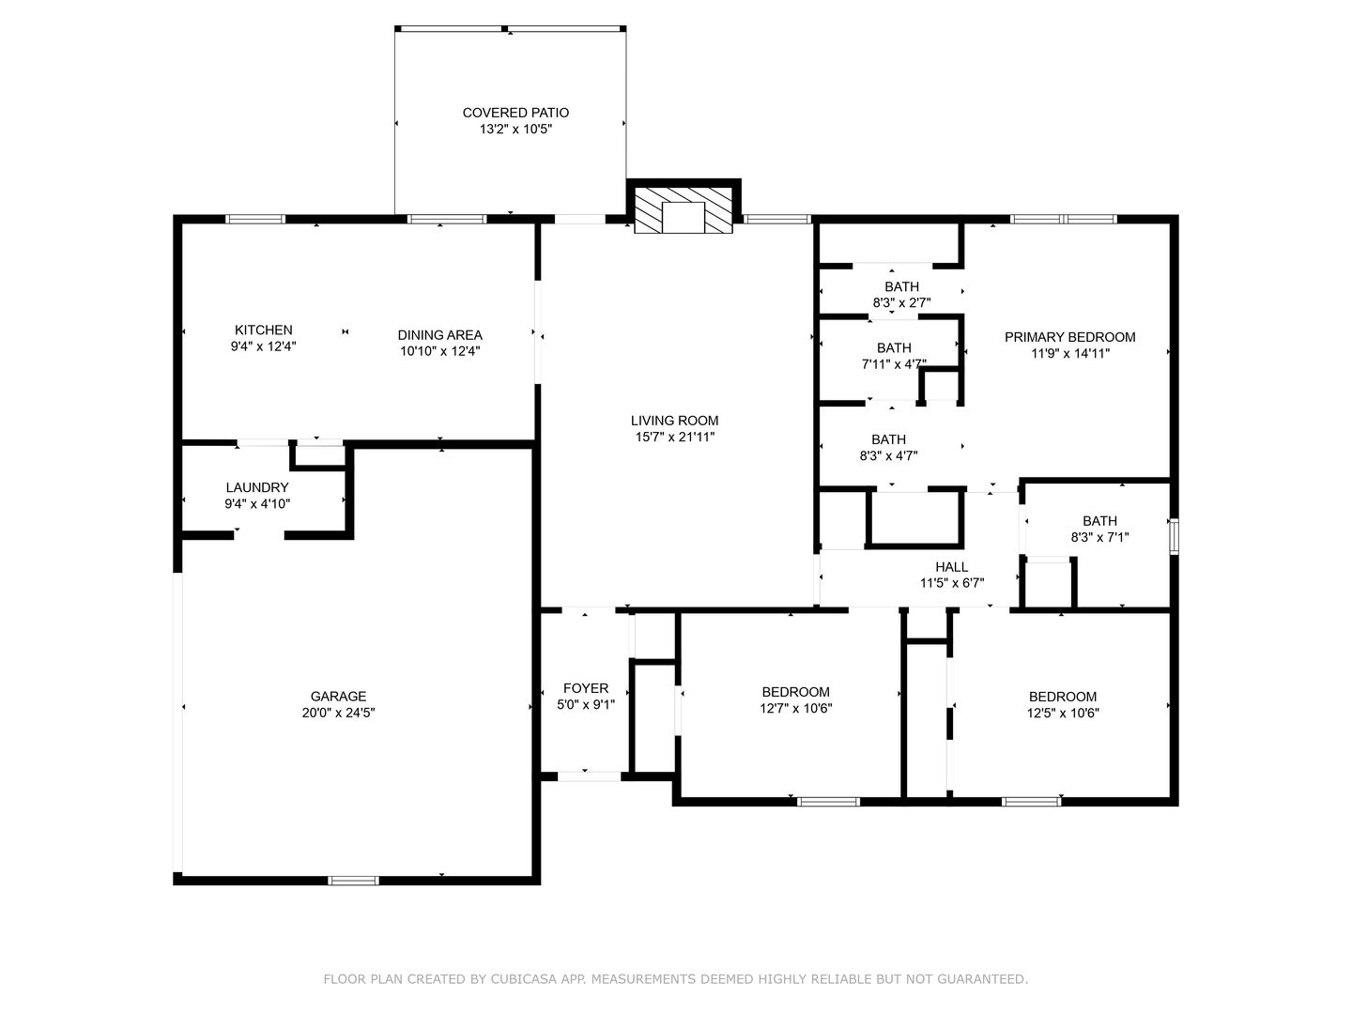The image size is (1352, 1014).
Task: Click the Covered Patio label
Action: [x=515, y=113]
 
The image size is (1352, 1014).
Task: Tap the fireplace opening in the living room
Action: [x=684, y=217]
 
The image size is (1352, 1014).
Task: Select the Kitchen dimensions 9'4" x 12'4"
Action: [x=263, y=346]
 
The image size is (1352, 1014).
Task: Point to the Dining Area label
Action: [x=439, y=335]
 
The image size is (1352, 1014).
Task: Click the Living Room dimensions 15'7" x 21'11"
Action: [x=674, y=438]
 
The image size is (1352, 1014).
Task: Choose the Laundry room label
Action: [x=257, y=487]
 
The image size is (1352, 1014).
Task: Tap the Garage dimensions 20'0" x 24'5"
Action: [x=338, y=713]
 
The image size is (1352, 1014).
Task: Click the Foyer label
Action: [x=586, y=688]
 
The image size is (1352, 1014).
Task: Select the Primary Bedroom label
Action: [x=1070, y=337]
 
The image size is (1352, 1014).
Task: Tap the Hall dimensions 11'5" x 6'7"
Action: [x=952, y=583]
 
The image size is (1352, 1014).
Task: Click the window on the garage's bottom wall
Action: [x=353, y=881]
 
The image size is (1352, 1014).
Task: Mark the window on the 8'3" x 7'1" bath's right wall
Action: [x=1174, y=536]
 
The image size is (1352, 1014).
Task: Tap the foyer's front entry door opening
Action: [x=589, y=777]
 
